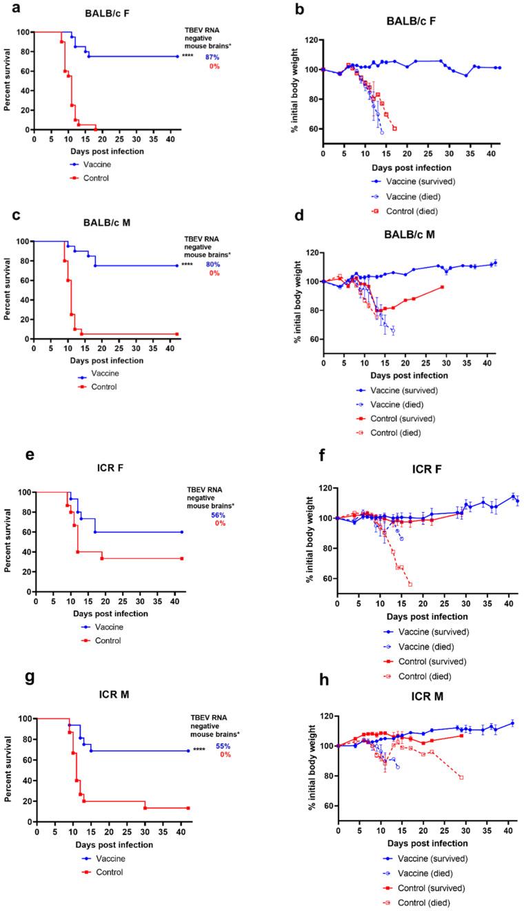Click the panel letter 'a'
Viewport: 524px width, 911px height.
click(x=6, y=8)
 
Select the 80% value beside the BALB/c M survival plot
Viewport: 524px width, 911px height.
click(x=212, y=264)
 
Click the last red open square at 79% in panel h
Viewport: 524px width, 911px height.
click(x=461, y=777)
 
